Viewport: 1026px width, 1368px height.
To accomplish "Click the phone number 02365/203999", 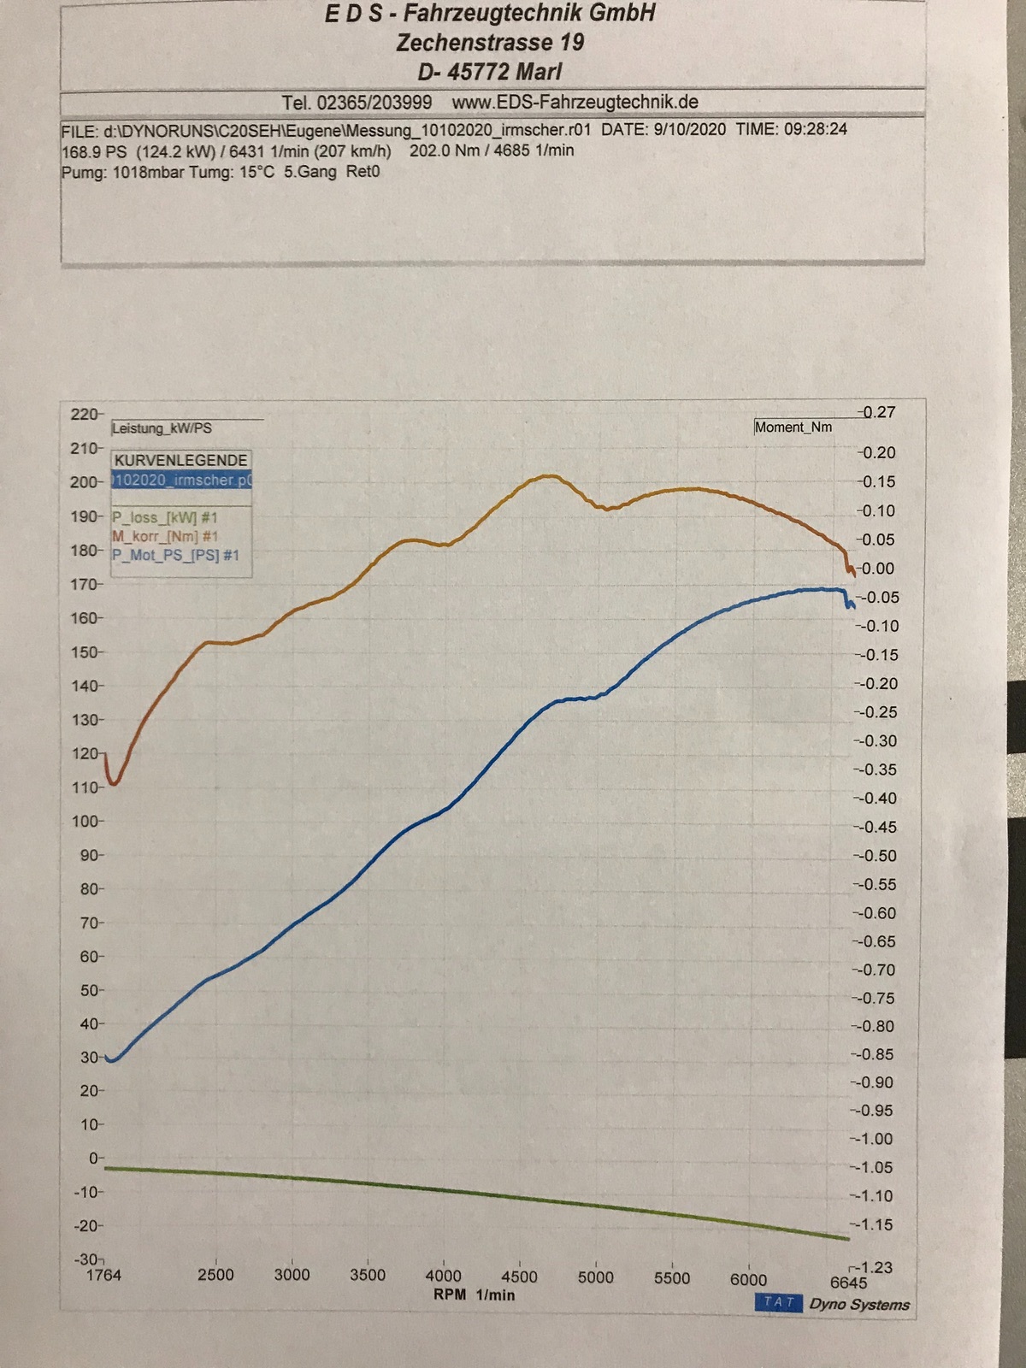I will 374,103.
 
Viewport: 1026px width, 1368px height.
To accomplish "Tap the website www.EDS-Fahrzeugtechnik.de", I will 575,103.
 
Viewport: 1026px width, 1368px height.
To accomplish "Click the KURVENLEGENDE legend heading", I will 181,460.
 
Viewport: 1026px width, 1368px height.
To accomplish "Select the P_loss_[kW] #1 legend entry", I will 165,517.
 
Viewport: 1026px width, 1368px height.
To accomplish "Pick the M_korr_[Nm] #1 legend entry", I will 165,536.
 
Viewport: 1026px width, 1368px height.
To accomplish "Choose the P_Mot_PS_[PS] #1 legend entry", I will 175,556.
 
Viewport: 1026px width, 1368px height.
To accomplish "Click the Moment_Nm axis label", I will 793,427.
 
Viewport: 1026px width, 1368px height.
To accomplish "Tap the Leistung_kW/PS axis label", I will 162,428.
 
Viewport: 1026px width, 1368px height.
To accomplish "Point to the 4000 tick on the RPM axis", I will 443,1276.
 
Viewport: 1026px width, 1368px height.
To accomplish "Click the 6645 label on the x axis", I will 848,1282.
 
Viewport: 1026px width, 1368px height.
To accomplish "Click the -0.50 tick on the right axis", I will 877,856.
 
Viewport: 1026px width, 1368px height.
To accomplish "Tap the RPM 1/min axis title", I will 475,1294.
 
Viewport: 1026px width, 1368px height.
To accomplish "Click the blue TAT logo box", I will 778,1302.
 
